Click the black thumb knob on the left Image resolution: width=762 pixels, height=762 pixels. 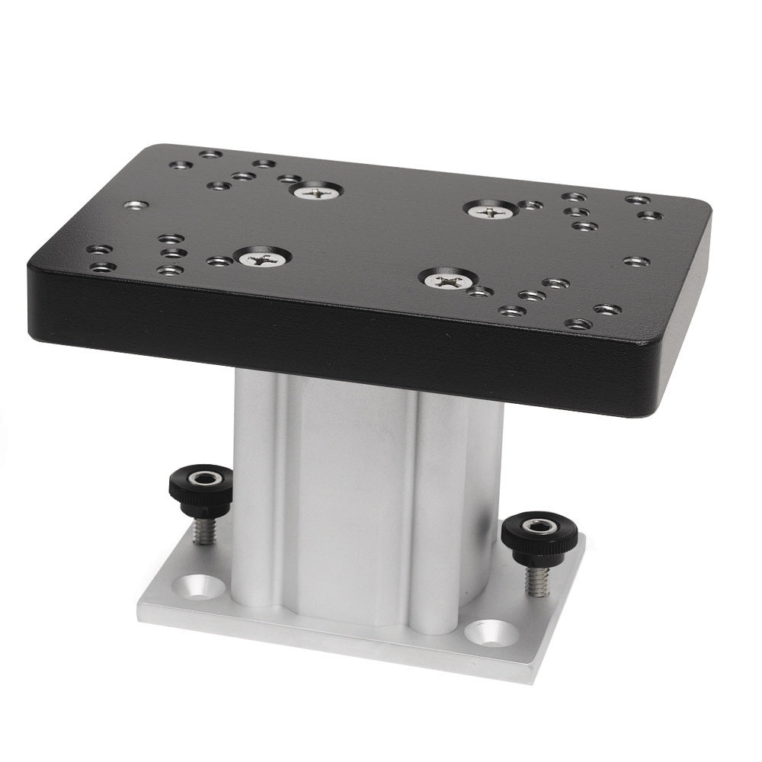click(x=200, y=488)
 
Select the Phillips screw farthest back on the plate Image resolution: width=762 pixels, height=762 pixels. click(x=316, y=192)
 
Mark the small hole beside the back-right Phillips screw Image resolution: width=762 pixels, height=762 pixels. click(x=530, y=205)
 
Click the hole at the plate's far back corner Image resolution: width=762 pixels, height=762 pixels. click(x=210, y=154)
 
